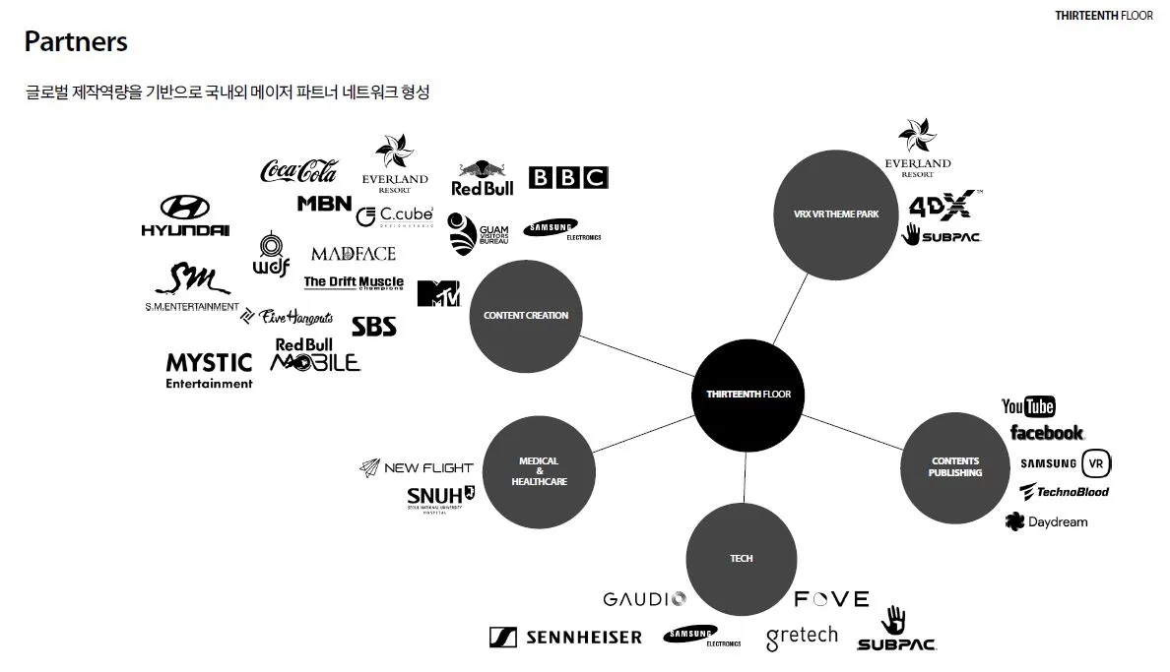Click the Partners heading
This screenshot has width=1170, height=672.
coord(76,42)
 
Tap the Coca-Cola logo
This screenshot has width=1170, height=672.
coord(298,171)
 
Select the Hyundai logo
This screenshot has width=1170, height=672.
coord(185,216)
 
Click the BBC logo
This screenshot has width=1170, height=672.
coord(568,177)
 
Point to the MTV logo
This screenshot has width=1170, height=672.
coord(438,293)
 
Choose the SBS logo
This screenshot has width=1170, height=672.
coord(374,326)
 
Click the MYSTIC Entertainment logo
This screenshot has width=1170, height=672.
coord(209,371)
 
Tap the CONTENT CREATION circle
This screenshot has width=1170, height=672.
coord(526,316)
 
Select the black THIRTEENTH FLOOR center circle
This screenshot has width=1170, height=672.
coord(748,395)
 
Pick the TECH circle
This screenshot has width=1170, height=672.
coord(742,558)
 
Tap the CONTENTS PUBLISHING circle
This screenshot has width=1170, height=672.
coord(955,466)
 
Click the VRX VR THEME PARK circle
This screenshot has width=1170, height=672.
coord(835,214)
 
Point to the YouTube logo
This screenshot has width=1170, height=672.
coord(1028,406)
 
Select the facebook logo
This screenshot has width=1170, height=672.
coord(1046,433)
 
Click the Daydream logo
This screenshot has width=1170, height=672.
coord(1046,521)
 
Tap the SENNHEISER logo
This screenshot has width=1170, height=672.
coord(565,638)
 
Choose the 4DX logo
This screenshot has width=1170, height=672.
coord(942,205)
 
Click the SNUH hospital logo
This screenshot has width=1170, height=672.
coord(440,498)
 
